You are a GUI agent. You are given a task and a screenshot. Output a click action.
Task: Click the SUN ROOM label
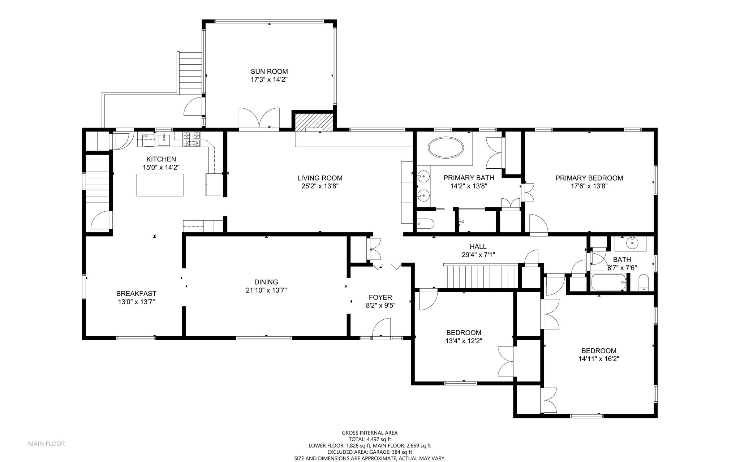coord(269,72)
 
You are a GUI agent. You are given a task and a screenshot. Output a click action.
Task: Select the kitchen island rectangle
coord(160,185)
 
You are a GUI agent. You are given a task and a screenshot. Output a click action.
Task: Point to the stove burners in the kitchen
coord(192,139)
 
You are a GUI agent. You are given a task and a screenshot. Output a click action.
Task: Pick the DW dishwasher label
coord(146,136)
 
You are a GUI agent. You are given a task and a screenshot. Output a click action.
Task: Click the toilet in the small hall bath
coord(644,283)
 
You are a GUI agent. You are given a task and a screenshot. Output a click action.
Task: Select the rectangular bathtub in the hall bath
coord(609,282)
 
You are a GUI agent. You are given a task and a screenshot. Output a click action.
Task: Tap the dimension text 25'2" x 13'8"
coord(320,186)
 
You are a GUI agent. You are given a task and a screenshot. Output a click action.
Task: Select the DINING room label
coord(266,282)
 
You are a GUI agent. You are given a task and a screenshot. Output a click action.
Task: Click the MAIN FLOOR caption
coord(47,444)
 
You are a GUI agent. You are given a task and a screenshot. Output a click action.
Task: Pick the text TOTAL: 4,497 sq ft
coord(370,439)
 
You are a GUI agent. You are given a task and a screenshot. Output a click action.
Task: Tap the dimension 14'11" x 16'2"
coord(599,359)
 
